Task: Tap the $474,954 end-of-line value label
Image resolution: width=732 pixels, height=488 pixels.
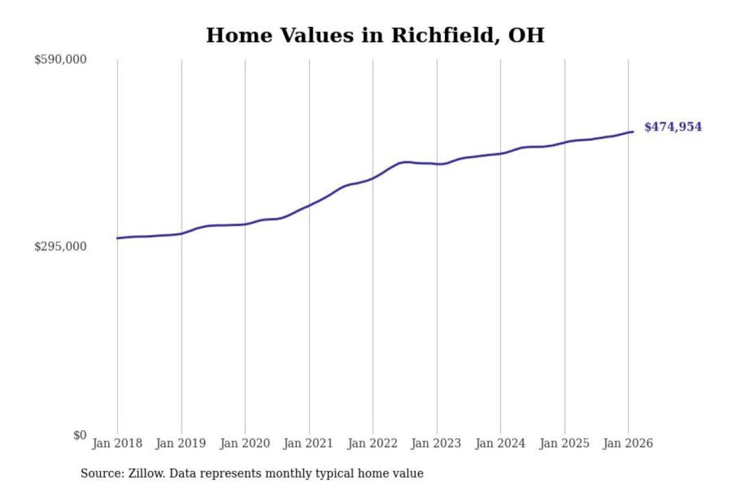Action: coord(673,127)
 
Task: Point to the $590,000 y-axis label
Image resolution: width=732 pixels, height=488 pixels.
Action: coord(60,59)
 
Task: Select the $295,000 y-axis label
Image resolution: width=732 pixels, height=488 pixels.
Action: coord(60,247)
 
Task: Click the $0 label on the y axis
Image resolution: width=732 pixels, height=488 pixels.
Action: coord(79,435)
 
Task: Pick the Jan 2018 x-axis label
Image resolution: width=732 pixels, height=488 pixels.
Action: coord(117,443)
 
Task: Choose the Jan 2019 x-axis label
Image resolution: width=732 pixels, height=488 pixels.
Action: coord(180,443)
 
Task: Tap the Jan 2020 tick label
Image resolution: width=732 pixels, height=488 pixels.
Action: coord(245,443)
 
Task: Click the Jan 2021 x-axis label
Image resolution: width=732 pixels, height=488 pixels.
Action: coord(308,443)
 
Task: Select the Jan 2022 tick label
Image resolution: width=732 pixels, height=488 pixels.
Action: coord(372,443)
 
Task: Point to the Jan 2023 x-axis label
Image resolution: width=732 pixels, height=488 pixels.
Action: coord(436,443)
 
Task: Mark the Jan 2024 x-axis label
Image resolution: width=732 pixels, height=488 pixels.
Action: coord(500,443)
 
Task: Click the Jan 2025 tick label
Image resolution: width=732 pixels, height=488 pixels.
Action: coord(564,443)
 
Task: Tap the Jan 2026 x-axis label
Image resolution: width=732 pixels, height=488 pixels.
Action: coord(627,443)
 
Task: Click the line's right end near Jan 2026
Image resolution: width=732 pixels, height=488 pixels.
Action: coord(632,132)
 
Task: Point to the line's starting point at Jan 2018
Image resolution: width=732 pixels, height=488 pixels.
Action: coord(118,238)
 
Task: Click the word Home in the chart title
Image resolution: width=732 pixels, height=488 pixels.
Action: coord(239,36)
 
